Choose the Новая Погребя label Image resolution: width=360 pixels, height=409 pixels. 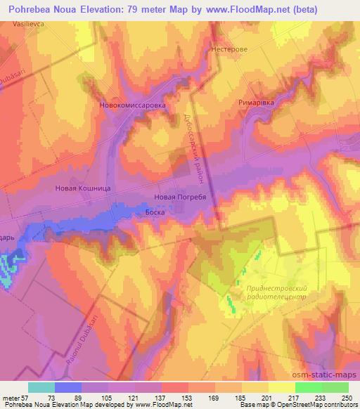coord(179,197)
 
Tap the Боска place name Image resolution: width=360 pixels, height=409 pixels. coord(155,210)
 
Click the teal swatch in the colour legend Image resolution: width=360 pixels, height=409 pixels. coord(41,387)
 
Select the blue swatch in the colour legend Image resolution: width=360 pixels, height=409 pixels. coord(67,387)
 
